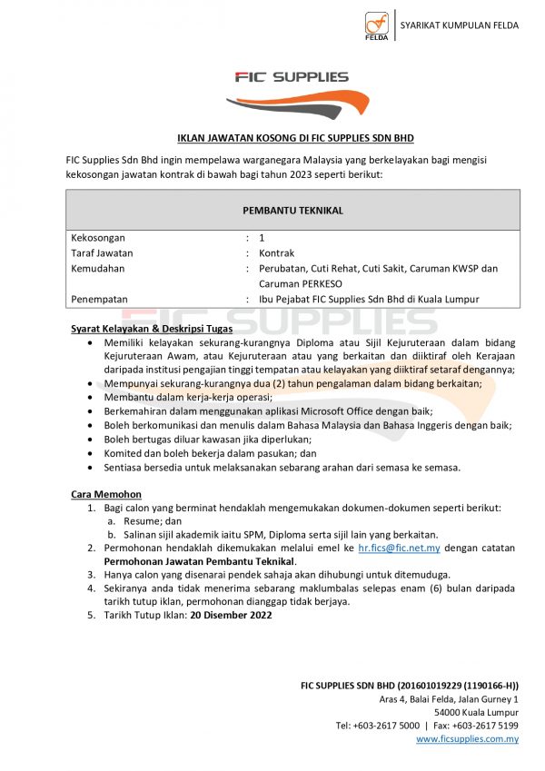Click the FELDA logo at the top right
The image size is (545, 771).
click(x=377, y=26)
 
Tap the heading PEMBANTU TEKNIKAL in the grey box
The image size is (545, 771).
click(x=292, y=210)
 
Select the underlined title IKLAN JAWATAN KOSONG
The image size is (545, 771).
click(x=292, y=138)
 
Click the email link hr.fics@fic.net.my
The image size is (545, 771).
click(x=399, y=549)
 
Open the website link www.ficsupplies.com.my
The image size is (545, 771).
click(x=467, y=739)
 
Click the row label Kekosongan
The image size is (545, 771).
click(x=98, y=238)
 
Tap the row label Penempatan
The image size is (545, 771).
click(x=100, y=299)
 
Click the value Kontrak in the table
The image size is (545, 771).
click(x=276, y=253)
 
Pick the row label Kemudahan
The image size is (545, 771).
click(x=98, y=269)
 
